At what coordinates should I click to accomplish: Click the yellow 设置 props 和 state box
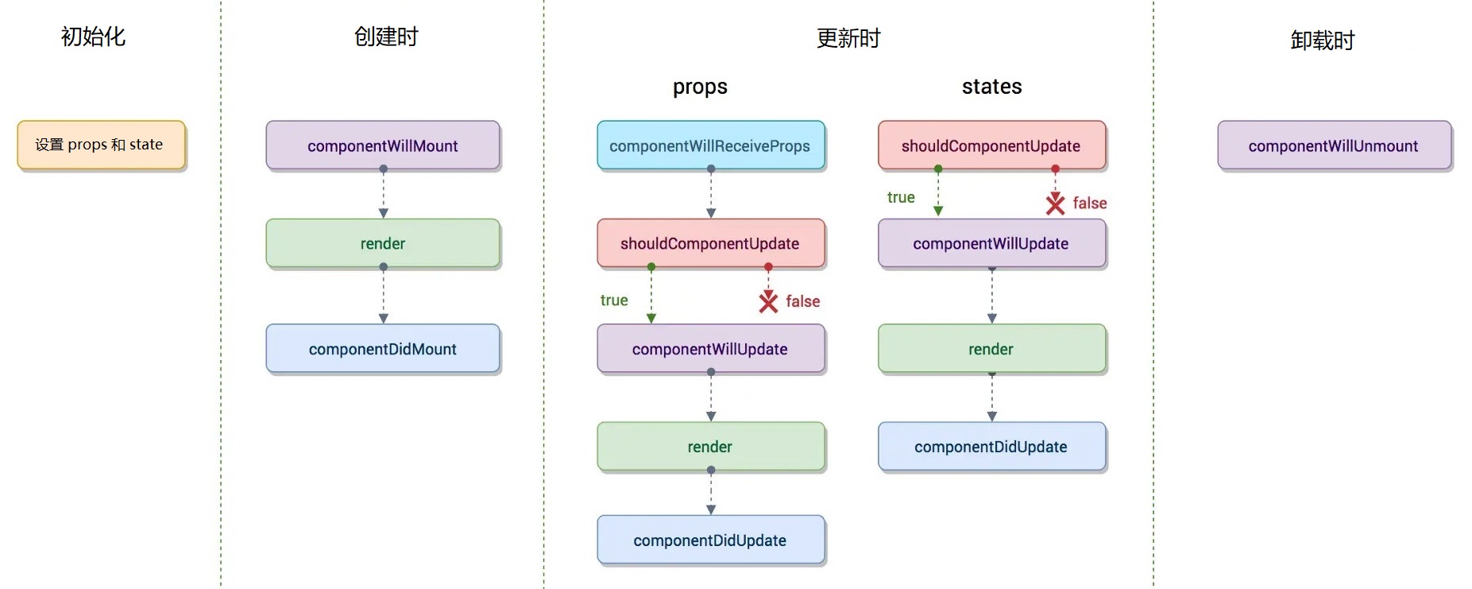click(x=101, y=145)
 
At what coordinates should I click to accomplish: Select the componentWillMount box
click(x=383, y=145)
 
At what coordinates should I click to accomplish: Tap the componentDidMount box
click(x=383, y=349)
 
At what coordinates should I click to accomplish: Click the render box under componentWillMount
click(x=383, y=243)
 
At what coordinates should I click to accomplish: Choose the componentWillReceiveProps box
click(x=710, y=145)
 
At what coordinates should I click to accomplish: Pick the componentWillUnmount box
click(x=1333, y=145)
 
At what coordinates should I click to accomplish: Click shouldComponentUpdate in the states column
click(x=991, y=145)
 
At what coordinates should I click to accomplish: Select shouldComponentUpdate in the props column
click(x=710, y=243)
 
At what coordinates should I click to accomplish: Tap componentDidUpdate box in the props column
click(x=710, y=541)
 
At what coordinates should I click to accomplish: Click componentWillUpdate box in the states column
click(x=991, y=243)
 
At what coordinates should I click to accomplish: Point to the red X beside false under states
click(x=1055, y=203)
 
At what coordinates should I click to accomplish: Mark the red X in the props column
click(x=768, y=301)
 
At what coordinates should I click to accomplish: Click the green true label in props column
click(x=614, y=300)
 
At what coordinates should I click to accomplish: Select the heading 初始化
click(x=93, y=37)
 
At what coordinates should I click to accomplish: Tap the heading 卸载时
click(x=1322, y=41)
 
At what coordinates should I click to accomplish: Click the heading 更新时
click(x=848, y=38)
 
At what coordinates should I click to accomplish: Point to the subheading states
click(x=991, y=87)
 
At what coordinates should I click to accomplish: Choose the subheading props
click(x=700, y=87)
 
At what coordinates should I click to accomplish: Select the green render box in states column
click(x=991, y=349)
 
